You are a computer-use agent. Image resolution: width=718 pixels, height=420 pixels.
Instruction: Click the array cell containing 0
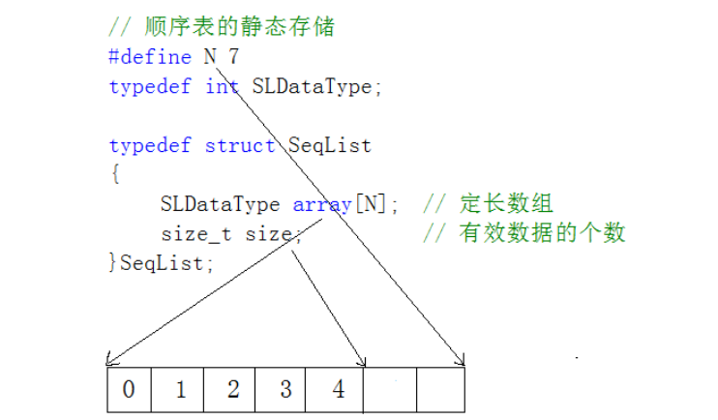[x=129, y=390]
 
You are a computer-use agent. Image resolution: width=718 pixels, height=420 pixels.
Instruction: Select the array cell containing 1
[x=181, y=390]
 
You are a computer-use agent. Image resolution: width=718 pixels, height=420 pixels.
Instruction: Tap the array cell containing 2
[x=233, y=390]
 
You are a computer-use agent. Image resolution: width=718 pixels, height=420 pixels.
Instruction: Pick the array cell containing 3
[x=285, y=390]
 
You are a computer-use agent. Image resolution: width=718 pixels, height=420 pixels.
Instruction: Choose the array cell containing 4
[x=338, y=390]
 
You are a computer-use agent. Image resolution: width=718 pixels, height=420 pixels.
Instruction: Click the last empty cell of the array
[x=441, y=390]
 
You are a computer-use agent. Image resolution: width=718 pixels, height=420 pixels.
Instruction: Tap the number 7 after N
[x=233, y=57]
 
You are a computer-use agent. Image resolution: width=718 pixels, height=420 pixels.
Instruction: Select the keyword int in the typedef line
[x=222, y=87]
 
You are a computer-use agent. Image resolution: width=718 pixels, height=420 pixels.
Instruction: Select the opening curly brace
[x=114, y=175]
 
